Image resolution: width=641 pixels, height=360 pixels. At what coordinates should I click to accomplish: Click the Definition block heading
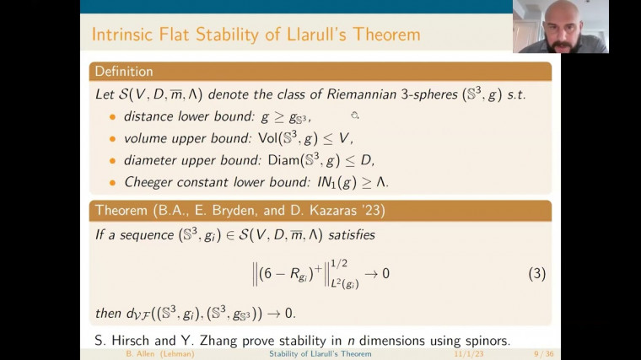click(123, 72)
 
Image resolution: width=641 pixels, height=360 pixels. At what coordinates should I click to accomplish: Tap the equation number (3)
click(536, 273)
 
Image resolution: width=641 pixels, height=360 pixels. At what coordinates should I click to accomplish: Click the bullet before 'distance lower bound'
click(112, 116)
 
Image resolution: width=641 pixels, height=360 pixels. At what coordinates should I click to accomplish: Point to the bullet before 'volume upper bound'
click(112, 138)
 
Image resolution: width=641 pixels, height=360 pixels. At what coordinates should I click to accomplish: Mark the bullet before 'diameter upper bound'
click(112, 160)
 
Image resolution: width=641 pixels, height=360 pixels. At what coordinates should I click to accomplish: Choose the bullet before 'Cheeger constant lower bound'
click(112, 182)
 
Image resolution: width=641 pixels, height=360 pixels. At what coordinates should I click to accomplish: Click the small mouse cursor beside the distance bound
click(355, 116)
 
